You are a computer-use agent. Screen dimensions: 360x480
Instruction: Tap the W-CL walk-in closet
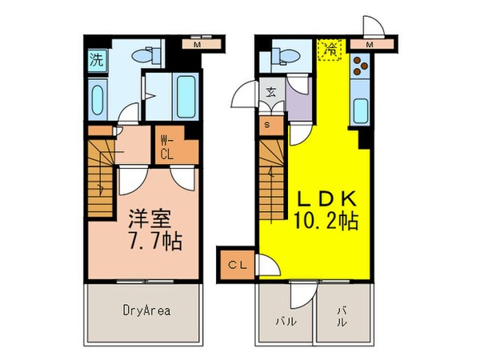click(168, 146)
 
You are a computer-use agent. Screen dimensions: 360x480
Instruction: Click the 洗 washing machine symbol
click(97, 58)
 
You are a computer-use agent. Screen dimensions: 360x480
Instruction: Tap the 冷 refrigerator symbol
click(330, 49)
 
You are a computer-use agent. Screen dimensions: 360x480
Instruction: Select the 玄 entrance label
click(271, 90)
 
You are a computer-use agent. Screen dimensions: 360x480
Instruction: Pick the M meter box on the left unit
click(196, 45)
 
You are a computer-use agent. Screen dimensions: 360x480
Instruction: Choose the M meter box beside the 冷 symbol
click(369, 44)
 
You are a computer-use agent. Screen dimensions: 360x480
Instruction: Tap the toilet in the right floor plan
click(283, 56)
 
